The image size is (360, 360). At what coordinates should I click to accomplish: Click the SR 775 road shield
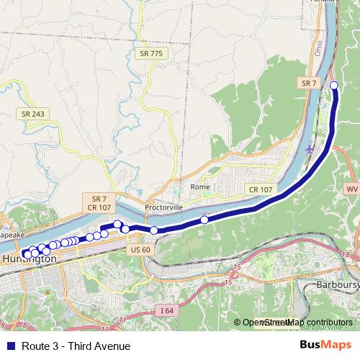pos(150,54)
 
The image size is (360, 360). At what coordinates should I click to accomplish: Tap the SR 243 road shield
pos(31,114)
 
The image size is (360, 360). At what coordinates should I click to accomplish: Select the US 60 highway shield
pos(141,249)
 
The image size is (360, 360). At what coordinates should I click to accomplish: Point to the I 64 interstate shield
pos(167,311)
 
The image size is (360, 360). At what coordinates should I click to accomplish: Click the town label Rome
pos(200,186)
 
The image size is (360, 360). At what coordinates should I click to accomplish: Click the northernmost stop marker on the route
pos(334,86)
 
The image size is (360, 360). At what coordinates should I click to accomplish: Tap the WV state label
pos(351,189)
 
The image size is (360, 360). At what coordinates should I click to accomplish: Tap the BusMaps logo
pos(325,346)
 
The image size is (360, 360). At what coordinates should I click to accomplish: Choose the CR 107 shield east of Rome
pos(261,189)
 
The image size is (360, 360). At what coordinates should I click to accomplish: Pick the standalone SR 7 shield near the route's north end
pos(308,84)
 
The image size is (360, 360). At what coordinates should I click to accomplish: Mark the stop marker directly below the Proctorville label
pos(153,230)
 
